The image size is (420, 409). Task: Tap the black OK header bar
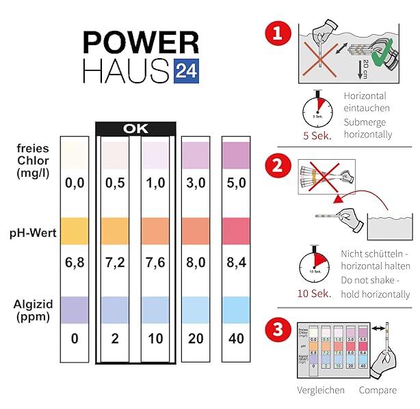[137, 128]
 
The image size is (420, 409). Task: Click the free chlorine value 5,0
[236, 183]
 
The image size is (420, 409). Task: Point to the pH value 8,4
[236, 262]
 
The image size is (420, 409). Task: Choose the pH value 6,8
[74, 262]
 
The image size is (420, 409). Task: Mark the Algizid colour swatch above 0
[74, 309]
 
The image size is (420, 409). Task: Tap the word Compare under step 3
[377, 390]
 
